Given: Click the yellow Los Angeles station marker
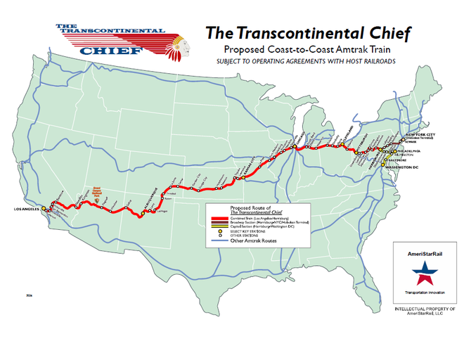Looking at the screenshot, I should point(44,209).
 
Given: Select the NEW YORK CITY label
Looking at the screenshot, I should point(424,134).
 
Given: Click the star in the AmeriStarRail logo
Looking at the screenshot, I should point(422,271).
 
